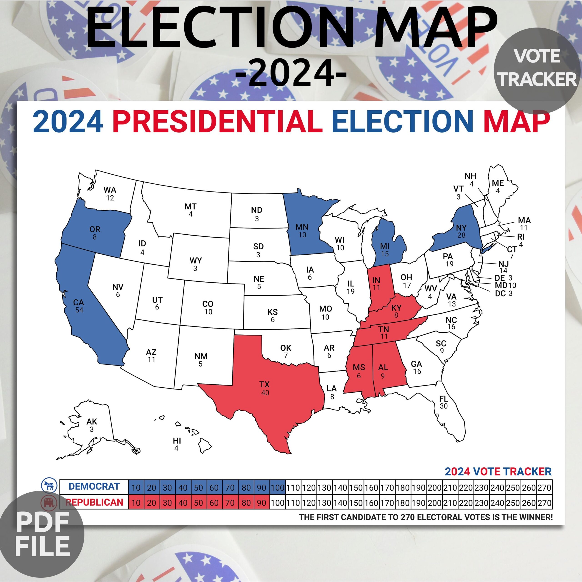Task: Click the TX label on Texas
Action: click(264, 384)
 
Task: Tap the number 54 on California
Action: click(79, 310)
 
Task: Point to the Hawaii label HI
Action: click(177, 441)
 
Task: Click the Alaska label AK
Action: click(92, 422)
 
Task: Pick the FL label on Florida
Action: click(443, 399)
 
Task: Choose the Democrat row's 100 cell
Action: click(277, 487)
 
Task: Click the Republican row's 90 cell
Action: click(261, 503)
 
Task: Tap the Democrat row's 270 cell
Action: click(544, 487)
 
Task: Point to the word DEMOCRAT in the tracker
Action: click(94, 487)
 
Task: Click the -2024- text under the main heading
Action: click(291, 73)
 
